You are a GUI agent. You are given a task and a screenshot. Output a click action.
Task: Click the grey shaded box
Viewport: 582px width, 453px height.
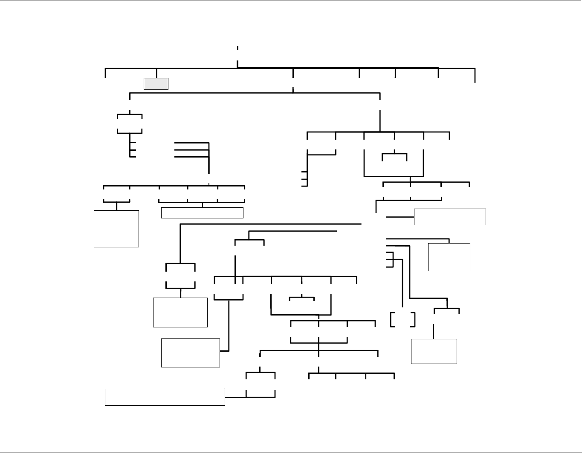[156, 84]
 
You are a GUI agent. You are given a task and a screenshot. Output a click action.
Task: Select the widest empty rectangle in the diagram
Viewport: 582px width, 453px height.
[165, 397]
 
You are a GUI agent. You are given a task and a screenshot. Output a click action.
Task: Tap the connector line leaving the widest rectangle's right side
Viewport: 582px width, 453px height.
[235, 397]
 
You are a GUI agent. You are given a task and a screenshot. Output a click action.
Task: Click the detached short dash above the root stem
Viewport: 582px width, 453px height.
[237, 48]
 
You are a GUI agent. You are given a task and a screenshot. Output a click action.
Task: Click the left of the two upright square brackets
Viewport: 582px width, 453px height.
[392, 320]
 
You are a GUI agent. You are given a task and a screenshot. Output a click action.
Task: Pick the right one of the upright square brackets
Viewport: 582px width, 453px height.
[414, 320]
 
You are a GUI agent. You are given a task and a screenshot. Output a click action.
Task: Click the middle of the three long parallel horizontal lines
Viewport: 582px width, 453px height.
[192, 150]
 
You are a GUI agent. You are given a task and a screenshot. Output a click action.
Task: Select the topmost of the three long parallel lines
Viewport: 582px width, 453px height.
[192, 143]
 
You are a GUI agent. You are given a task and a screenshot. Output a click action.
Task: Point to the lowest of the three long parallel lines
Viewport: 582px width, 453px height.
[192, 157]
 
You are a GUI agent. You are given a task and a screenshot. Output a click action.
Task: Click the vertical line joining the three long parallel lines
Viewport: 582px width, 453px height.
[209, 158]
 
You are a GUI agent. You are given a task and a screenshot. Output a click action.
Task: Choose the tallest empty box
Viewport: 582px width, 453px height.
[116, 229]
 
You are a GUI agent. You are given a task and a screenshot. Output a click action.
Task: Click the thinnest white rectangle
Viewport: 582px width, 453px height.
[202, 213]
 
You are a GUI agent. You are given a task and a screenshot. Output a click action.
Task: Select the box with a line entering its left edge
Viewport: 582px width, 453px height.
[450, 217]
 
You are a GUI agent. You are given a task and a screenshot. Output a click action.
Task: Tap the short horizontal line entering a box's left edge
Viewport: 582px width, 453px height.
[400, 217]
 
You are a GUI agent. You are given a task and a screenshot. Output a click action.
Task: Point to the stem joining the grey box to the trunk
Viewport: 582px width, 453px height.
[156, 73]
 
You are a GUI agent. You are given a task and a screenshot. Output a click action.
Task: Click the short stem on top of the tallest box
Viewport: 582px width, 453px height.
[116, 206]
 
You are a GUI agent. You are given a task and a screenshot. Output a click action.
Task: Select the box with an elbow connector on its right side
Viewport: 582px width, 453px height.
[191, 353]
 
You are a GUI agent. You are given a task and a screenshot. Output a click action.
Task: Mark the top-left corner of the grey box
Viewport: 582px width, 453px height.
[144, 78]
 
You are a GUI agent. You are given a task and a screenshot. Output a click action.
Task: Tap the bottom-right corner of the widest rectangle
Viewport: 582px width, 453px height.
[225, 405]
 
